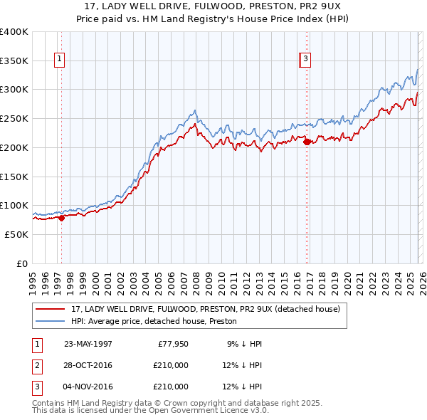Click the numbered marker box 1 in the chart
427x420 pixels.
click(58, 60)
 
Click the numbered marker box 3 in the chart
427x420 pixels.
click(305, 60)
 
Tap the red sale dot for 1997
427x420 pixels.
click(61, 219)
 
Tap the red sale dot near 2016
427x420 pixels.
click(307, 142)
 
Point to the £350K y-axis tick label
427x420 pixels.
click(14, 61)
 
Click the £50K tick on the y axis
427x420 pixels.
click(16, 234)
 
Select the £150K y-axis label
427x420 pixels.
click(14, 177)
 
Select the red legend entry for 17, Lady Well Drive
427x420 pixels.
click(206, 309)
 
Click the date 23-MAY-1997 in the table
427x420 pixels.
click(88, 344)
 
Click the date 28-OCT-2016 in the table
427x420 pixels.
click(88, 365)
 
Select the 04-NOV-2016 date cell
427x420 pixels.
click(88, 387)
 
